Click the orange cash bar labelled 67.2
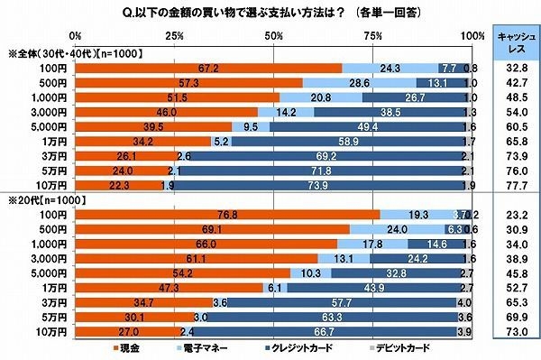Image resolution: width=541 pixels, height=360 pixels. click(208, 68)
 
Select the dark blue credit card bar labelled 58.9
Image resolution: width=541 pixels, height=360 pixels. click(351, 141)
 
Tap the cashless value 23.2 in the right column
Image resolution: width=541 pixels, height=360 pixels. click(511, 214)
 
